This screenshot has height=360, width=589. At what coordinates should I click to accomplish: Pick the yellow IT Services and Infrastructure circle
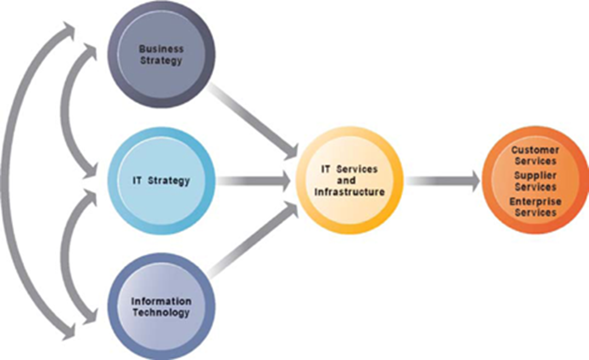click(350, 180)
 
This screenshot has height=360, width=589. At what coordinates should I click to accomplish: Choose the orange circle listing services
click(534, 180)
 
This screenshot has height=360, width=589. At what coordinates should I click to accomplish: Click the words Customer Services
click(535, 155)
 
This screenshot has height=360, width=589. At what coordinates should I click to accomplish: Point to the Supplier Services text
click(534, 181)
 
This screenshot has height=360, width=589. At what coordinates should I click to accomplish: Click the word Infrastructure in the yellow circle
click(352, 192)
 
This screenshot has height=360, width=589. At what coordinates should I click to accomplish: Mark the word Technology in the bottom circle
click(161, 313)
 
